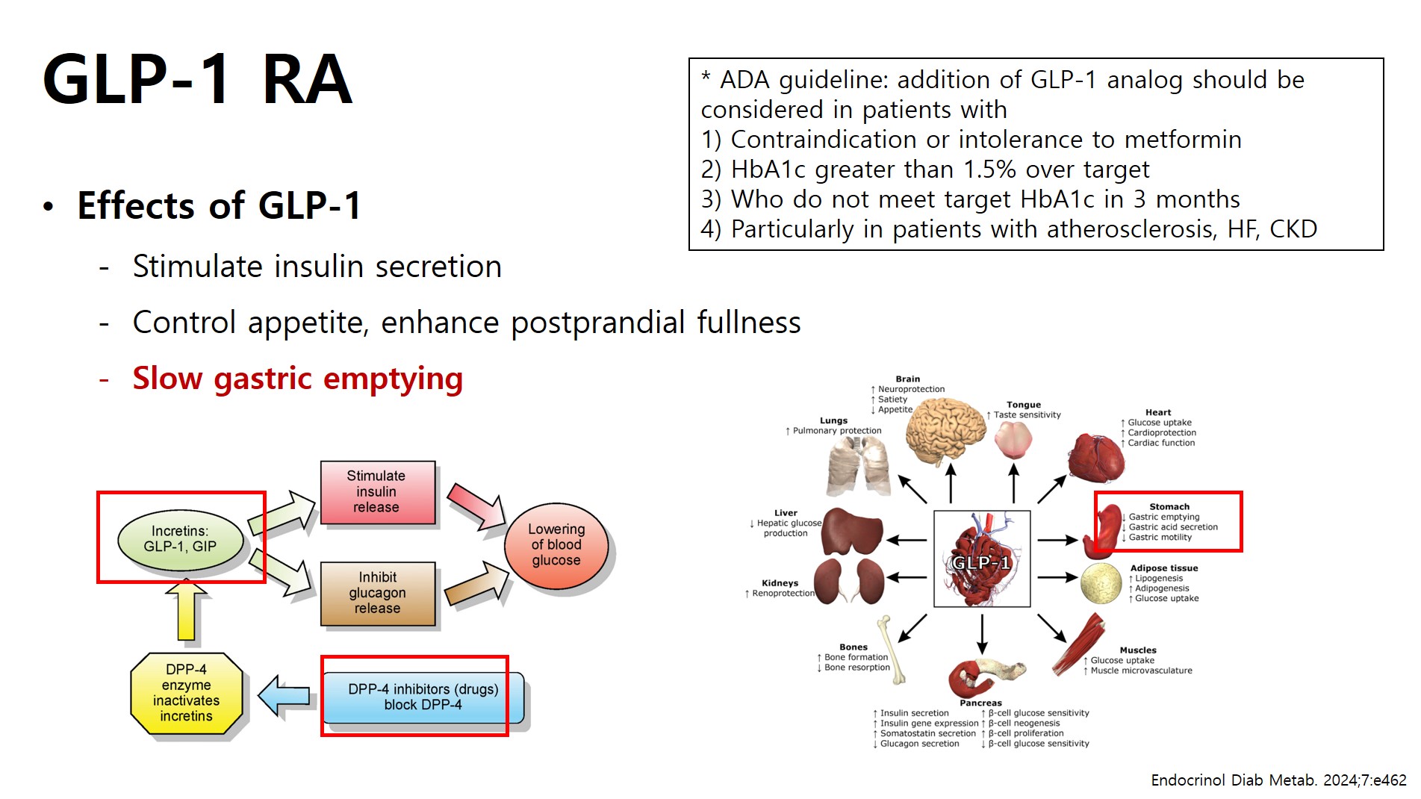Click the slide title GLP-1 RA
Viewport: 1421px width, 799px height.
pos(197,80)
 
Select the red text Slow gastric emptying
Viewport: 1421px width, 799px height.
pos(297,379)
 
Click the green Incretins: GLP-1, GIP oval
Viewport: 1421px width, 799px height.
pos(181,539)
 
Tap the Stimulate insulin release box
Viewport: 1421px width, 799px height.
pos(377,492)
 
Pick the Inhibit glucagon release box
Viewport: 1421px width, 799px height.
pos(378,593)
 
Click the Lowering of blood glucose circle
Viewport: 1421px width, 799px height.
pos(556,545)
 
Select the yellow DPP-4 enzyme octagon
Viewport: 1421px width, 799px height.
pos(187,693)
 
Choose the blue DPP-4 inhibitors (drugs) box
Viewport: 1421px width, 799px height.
pos(423,697)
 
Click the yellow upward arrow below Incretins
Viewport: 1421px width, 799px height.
pos(186,611)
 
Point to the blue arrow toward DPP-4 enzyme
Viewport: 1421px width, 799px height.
pos(284,696)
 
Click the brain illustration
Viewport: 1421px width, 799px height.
pos(945,432)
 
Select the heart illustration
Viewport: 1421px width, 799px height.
pos(1095,458)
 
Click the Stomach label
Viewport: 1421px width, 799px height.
pos(1169,506)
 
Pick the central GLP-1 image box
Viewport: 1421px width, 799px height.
pos(982,559)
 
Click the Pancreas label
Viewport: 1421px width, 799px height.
pos(980,703)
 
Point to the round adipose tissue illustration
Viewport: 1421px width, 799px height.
pos(1101,583)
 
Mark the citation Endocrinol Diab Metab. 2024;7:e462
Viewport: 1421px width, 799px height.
pos(1278,780)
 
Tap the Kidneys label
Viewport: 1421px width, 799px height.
pos(780,583)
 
